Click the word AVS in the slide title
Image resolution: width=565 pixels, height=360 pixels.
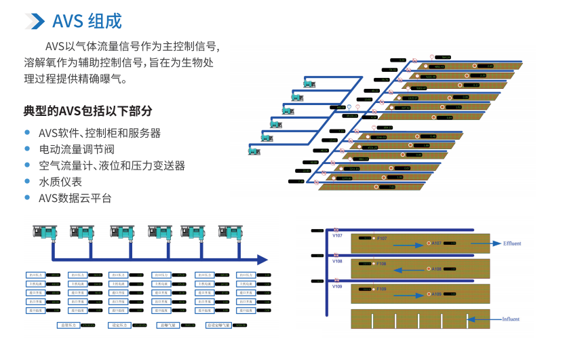tap(68, 21)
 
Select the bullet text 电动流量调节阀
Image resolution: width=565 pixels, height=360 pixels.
tap(77, 149)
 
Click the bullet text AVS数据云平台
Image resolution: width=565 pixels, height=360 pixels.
tap(75, 198)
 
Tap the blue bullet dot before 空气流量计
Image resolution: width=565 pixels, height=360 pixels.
tap(27, 165)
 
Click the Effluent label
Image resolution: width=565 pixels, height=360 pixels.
tap(512, 243)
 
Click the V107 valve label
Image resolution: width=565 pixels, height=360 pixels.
tap(337, 235)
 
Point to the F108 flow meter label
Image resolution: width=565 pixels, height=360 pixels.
tap(381, 264)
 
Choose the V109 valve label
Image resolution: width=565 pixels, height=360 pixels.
tap(337, 287)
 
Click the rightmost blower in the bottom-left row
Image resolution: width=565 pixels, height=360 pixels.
tap(232, 232)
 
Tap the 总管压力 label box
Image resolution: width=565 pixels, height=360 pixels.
tap(69, 325)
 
